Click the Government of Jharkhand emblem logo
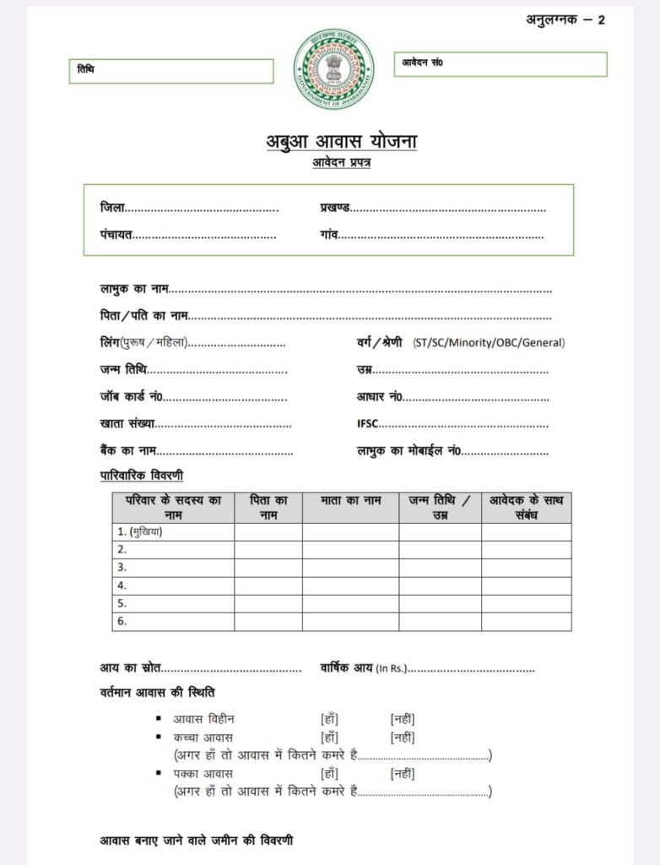pyautogui.click(x=333, y=69)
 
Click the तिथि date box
pyautogui.click(x=171, y=71)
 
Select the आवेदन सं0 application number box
pyautogui.click(x=500, y=64)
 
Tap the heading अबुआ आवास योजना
pyautogui.click(x=341, y=141)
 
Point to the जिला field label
pyautogui.click(x=112, y=208)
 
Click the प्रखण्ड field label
pyautogui.click(x=335, y=208)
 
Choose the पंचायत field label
pyautogui.click(x=116, y=235)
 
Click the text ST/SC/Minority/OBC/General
pyautogui.click(x=489, y=343)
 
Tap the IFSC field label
pyautogui.click(x=368, y=424)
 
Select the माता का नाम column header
pyautogui.click(x=350, y=501)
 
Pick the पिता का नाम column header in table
pyautogui.click(x=268, y=508)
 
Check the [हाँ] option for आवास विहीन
pyautogui.click(x=329, y=719)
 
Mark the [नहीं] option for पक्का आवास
pyautogui.click(x=402, y=773)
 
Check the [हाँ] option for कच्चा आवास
pyautogui.click(x=329, y=737)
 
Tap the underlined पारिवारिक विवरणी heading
pyautogui.click(x=142, y=476)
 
